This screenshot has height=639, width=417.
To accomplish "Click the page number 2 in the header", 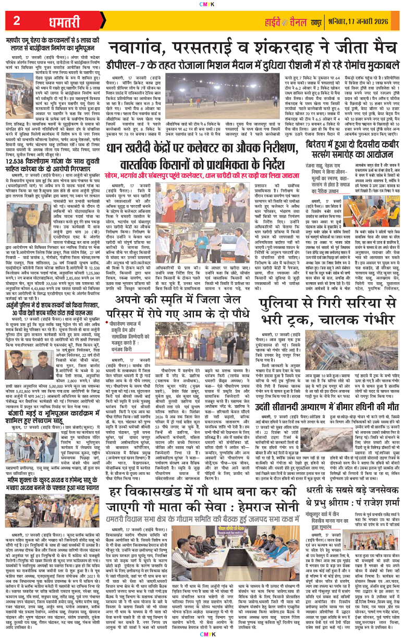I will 17,21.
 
